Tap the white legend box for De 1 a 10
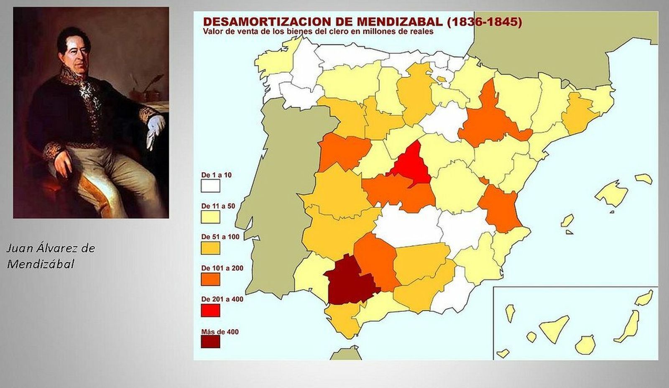(210, 186)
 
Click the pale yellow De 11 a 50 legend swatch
(210, 217)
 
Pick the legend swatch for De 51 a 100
(210, 248)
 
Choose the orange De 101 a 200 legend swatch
(210, 279)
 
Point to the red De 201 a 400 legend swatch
(210, 310)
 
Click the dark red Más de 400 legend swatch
(210, 342)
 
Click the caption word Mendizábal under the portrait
(41, 264)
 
